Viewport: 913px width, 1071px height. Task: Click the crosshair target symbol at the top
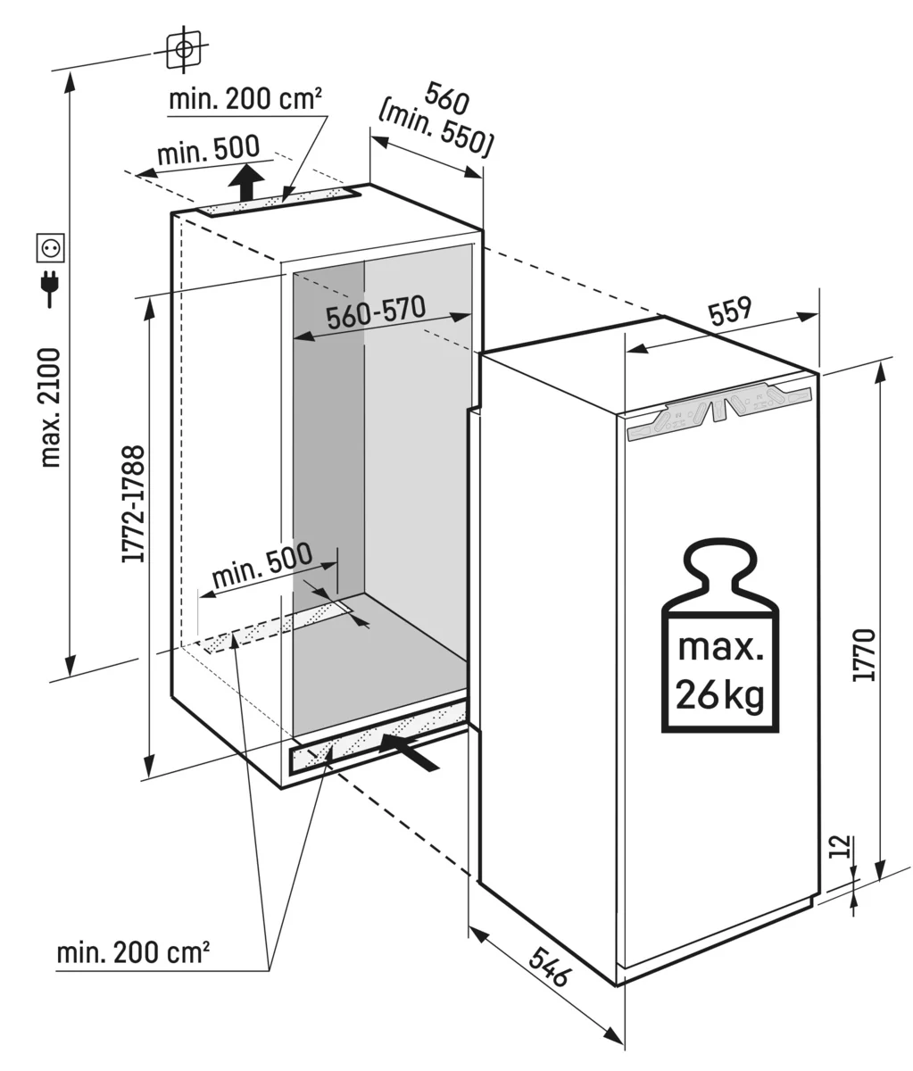(x=184, y=48)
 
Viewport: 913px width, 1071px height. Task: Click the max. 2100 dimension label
(x=50, y=407)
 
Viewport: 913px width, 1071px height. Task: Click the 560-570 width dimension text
(x=375, y=313)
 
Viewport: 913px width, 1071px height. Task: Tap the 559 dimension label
(x=730, y=310)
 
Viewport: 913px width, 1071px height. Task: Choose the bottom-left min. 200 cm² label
(x=133, y=952)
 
